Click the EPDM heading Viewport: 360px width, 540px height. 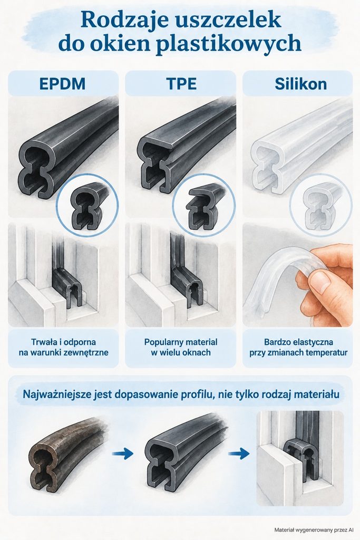point(62,84)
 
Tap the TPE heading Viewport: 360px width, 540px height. point(181,84)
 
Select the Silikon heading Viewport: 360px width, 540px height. point(300,84)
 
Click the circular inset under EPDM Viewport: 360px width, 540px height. point(87,205)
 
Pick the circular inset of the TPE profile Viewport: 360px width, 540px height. point(204,205)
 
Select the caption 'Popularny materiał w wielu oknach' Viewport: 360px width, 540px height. point(181,347)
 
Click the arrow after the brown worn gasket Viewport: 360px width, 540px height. point(122,453)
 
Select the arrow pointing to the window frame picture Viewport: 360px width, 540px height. point(239,453)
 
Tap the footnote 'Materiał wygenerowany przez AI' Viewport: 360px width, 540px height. point(314,530)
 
